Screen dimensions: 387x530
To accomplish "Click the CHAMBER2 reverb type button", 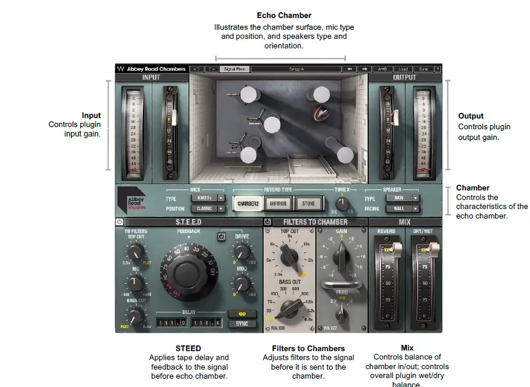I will click(x=248, y=203).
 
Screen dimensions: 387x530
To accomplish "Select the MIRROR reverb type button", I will click(x=278, y=203).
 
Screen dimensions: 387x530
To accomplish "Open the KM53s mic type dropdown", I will click(x=207, y=198).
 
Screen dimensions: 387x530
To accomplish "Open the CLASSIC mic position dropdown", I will click(x=207, y=209).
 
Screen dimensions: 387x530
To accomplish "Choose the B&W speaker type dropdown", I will click(x=402, y=198).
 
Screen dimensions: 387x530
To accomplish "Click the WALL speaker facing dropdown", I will click(x=402, y=209).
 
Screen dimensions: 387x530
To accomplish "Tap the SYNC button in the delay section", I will click(x=242, y=324).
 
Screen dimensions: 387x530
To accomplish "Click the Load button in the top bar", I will click(x=403, y=69).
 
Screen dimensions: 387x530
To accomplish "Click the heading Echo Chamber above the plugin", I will click(x=284, y=16).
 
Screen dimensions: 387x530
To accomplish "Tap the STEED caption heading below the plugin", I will click(x=188, y=348).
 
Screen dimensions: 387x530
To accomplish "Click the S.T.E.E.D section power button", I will click(x=120, y=222).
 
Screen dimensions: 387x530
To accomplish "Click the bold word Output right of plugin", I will click(x=471, y=116).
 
